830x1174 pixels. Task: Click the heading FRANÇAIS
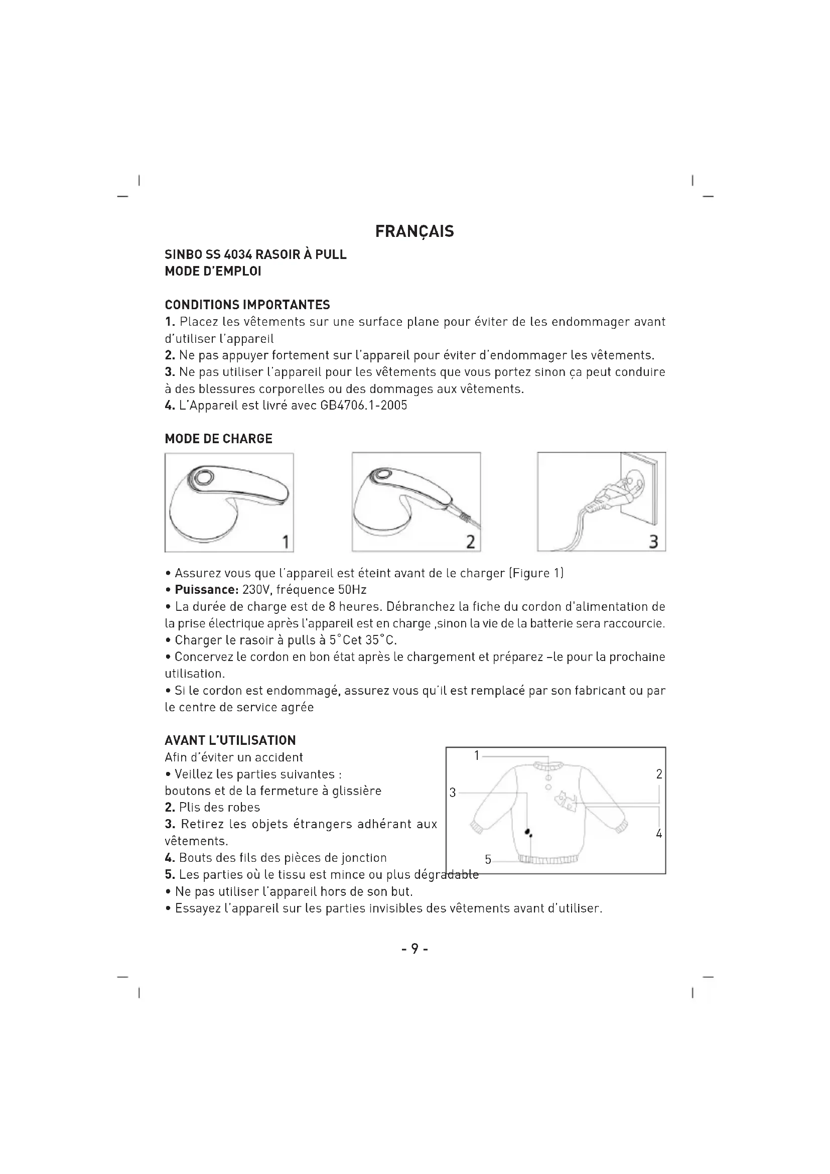414,231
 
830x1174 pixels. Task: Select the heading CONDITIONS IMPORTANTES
247,305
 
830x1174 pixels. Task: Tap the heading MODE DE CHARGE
218,439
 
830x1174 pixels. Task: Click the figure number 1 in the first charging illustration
286,542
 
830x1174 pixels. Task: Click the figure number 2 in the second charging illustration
471,542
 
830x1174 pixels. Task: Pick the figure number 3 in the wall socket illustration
653,542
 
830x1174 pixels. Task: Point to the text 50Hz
352,590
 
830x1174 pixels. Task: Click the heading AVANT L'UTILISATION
230,740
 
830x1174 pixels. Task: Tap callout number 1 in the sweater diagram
477,755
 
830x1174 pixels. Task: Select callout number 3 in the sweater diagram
452,793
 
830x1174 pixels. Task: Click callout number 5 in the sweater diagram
488,859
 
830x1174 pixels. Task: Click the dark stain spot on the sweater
527,832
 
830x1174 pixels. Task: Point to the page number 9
414,949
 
